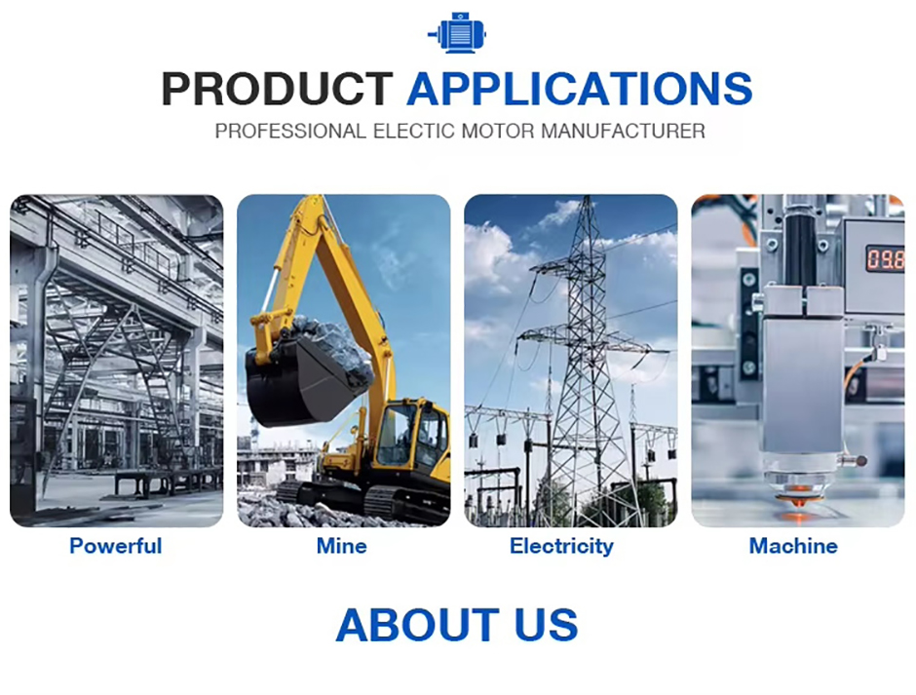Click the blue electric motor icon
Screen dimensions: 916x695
(457, 33)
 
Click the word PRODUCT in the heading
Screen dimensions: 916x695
(277, 89)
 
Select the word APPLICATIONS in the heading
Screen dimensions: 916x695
(580, 89)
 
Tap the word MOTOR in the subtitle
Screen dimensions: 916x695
(498, 131)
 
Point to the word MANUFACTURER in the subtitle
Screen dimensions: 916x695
(623, 131)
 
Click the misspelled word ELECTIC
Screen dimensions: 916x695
(414, 131)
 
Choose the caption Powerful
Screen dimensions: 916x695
(116, 546)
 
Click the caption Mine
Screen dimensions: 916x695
(342, 546)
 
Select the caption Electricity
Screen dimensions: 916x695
(561, 546)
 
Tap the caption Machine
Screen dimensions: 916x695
(793, 546)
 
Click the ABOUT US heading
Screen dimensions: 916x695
(457, 625)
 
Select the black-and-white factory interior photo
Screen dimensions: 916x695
(117, 361)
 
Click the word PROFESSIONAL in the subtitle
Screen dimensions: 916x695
(290, 131)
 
